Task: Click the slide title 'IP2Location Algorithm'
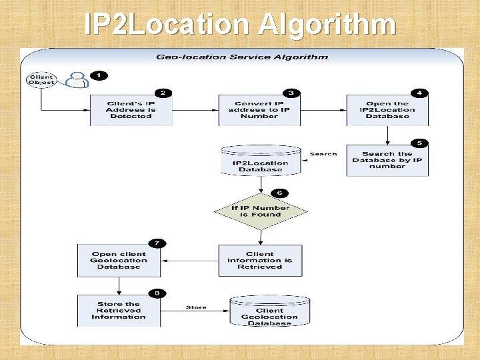240,25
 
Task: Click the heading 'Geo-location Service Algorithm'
242,57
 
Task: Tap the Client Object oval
41,80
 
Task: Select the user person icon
77,79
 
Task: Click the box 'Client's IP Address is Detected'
131,110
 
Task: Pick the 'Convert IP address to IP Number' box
259,110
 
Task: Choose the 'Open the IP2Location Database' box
387,110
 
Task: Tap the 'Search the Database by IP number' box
387,160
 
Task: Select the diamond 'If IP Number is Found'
260,211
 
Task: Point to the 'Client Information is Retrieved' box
259,260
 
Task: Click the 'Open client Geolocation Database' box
119,260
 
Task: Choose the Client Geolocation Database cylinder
269,312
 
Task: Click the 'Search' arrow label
323,154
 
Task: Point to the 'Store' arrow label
196,308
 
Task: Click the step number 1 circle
99,75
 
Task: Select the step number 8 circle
156,292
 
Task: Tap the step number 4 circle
419,93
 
